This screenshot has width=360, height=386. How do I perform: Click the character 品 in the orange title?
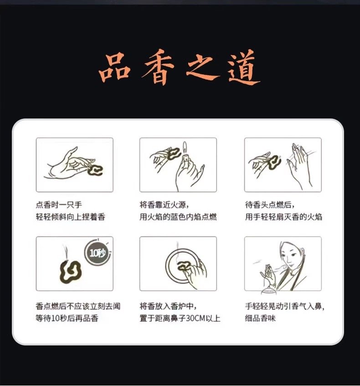coord(114,67)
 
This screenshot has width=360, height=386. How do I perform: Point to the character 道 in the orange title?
coord(243,67)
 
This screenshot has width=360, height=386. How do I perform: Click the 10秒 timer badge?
coord(98,252)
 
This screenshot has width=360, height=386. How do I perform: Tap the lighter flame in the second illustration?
coord(185,148)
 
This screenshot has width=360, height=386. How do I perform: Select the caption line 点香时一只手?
coord(59,205)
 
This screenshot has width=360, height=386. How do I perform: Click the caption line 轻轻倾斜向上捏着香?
coord(71,217)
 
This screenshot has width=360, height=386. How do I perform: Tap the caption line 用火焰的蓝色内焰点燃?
coord(178,217)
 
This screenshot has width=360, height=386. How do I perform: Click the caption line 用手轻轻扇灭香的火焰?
coord(283,217)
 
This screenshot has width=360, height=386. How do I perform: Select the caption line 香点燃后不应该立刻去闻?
coord(78,306)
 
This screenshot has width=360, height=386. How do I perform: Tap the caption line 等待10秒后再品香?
coord(67,318)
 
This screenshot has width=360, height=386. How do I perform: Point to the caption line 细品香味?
coord(260,318)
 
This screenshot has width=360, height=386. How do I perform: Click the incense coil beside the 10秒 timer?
coord(70,272)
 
